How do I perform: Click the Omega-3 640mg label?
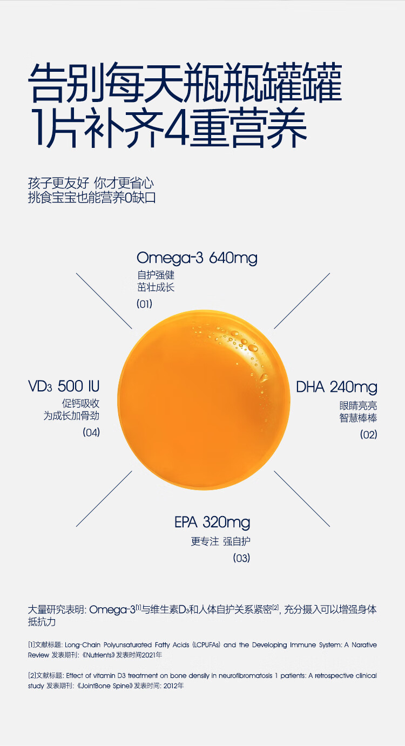pyautogui.click(x=197, y=258)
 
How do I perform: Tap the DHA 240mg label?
pyautogui.click(x=336, y=388)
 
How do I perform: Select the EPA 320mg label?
pyautogui.click(x=212, y=523)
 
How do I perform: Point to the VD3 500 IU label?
pyautogui.click(x=64, y=386)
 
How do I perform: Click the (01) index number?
pyautogui.click(x=144, y=304)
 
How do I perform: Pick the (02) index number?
pyautogui.click(x=369, y=435)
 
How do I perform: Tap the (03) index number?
pyautogui.click(x=241, y=558)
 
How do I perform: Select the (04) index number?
pyautogui.click(x=91, y=432)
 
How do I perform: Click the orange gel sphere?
pyautogui.click(x=204, y=399)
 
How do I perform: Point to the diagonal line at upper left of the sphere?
pyautogui.click(x=104, y=301)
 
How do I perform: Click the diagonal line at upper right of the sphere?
pyautogui.click(x=302, y=301)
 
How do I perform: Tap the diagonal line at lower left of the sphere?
pyautogui.click(x=104, y=499)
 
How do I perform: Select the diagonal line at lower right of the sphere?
pyautogui.click(x=302, y=499)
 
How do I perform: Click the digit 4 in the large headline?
pyautogui.click(x=177, y=128)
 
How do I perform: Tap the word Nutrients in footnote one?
pyautogui.click(x=99, y=655)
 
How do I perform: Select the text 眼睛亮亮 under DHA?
pyautogui.click(x=359, y=405)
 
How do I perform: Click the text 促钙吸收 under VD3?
pyautogui.click(x=80, y=404)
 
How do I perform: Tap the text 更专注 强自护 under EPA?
pyautogui.click(x=220, y=541)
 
